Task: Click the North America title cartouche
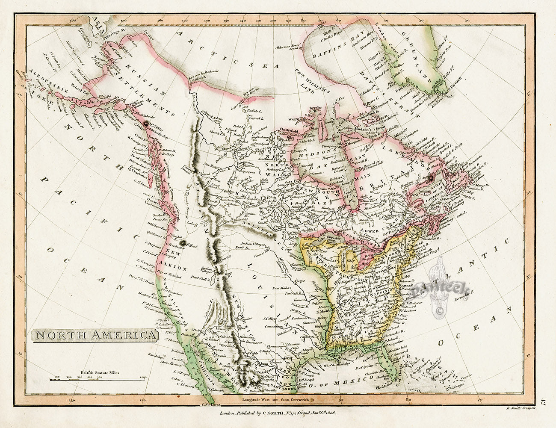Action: coord(95,334)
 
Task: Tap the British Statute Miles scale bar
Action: coord(98,378)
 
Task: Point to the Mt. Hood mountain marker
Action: coord(183,243)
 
